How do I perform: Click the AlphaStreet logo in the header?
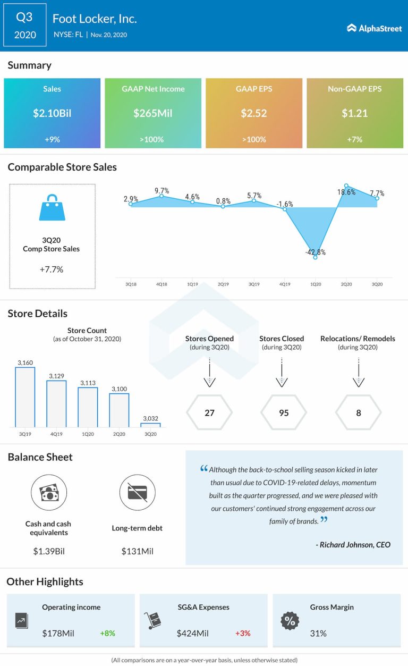pos(374,28)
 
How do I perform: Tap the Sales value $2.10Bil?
pos(52,113)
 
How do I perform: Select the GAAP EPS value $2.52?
pos(254,113)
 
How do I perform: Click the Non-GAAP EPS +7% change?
pos(355,139)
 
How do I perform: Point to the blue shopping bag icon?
pos(52,207)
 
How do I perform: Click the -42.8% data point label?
pos(316,252)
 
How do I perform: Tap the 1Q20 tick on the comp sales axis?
pos(316,284)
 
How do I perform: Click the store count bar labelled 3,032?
pos(150,425)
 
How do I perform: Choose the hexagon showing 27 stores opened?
pos(209,412)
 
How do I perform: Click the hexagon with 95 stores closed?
pos(284,412)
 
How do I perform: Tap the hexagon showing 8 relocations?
pos(359,412)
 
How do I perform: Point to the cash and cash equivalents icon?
pos(48,493)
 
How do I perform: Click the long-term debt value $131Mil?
pos(137,551)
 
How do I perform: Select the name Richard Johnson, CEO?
pos(355,544)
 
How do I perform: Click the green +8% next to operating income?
pos(107,633)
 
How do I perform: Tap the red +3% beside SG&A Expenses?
pos(243,633)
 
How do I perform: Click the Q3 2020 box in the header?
pos(25,26)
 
